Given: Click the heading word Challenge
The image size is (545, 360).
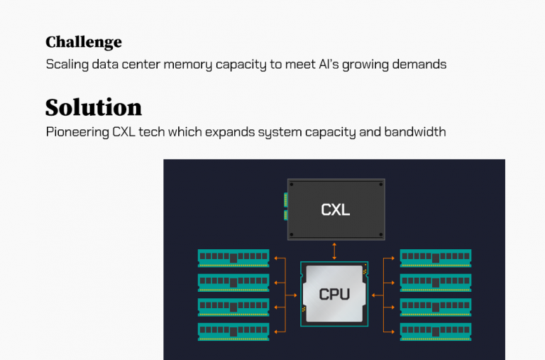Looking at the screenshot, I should coord(83,42).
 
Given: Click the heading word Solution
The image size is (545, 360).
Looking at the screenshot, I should coord(93,107).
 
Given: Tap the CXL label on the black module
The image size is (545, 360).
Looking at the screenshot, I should coord(335,209).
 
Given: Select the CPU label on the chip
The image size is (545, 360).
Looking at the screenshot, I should coord(334,294).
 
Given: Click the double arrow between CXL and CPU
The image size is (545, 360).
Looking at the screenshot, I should coord(334,251).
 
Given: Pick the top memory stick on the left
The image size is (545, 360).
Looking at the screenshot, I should coord(233,258).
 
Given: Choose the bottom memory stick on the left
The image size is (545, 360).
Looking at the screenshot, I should coord(233,332).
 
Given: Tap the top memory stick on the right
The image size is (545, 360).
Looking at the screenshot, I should coord(435,258).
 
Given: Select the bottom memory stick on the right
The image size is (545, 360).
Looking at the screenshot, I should coord(435,332).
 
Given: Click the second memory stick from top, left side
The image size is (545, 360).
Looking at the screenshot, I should coord(233,283).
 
